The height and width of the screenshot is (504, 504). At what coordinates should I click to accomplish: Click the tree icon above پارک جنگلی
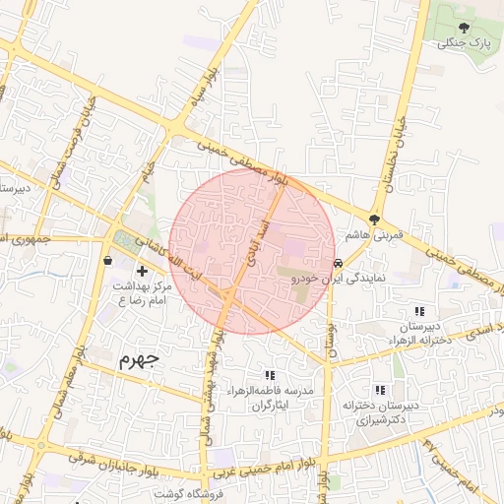click(465, 29)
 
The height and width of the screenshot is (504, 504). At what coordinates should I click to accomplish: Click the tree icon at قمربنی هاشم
click(375, 219)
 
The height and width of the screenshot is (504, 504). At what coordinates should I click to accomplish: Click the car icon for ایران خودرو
click(339, 263)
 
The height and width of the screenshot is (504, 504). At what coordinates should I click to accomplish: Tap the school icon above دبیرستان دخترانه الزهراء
click(420, 310)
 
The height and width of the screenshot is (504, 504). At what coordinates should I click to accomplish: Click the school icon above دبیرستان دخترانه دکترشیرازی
click(380, 390)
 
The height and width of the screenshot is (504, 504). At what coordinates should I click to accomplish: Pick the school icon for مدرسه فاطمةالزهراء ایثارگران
click(270, 375)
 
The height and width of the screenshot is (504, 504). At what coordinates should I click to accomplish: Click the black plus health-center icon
click(142, 270)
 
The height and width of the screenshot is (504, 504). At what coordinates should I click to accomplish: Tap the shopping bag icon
click(106, 260)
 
